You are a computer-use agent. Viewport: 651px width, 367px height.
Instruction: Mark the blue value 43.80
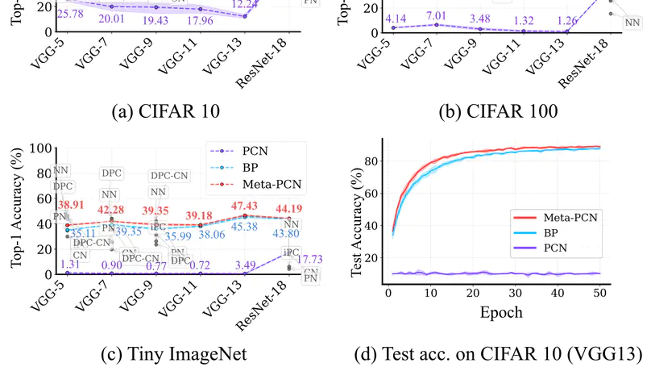pos(286,234)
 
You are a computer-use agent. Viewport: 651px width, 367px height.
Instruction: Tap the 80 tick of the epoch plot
pos(372,161)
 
